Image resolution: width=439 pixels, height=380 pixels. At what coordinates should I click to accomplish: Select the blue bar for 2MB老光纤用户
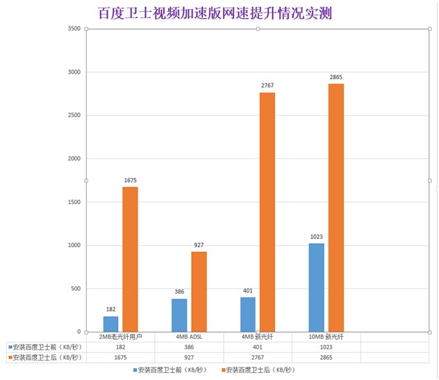(110, 324)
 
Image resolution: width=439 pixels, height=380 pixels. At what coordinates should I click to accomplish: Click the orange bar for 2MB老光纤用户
(130, 259)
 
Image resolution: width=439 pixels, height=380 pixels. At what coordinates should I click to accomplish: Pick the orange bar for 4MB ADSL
(199, 291)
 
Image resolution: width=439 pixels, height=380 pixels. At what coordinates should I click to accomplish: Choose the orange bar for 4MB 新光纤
(267, 212)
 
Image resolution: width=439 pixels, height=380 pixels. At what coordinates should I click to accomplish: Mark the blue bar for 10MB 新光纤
(316, 287)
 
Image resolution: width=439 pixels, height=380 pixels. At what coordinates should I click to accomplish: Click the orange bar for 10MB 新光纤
(336, 208)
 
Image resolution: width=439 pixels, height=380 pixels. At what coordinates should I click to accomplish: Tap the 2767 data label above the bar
(267, 85)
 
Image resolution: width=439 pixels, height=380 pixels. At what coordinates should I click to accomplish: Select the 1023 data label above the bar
(316, 237)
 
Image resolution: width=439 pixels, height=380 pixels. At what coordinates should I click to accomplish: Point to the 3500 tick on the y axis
(73, 28)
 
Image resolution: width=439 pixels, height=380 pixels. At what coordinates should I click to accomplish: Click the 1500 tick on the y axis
(73, 202)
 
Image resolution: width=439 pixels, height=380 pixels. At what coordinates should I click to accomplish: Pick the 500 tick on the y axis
(75, 288)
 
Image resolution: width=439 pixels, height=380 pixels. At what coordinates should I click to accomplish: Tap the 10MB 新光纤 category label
(326, 337)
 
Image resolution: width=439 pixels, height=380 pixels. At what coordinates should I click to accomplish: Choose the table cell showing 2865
(326, 357)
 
